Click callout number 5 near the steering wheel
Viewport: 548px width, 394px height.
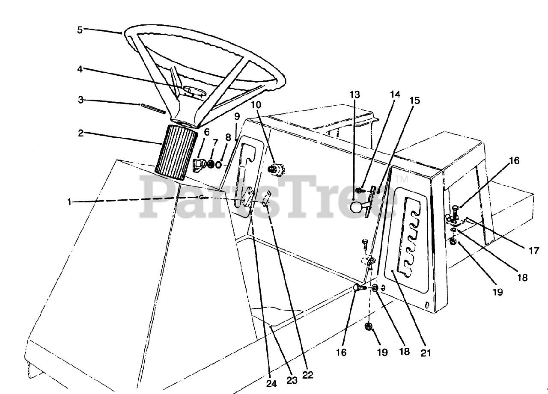point(80,30)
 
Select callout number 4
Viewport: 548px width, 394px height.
point(80,69)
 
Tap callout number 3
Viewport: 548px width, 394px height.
point(80,100)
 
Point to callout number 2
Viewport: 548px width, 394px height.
point(80,133)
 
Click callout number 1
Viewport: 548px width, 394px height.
point(70,202)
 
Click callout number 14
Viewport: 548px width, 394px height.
point(395,95)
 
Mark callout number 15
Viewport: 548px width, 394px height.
point(414,101)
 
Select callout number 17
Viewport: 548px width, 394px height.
point(533,251)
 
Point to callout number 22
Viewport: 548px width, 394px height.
point(307,375)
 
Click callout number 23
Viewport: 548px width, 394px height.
point(292,381)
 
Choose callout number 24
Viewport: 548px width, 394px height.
point(271,384)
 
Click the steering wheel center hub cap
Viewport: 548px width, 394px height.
point(195,91)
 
